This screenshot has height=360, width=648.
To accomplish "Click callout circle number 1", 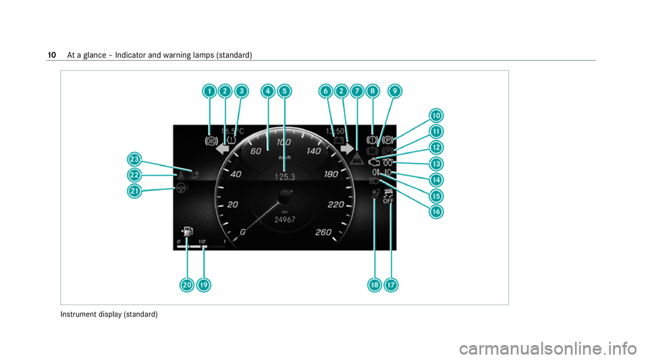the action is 209,91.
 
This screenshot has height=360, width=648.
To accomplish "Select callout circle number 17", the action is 391,286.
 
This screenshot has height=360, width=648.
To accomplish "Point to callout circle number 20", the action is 187,286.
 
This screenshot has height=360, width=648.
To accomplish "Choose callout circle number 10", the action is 437,115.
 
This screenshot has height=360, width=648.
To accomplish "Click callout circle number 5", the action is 284,91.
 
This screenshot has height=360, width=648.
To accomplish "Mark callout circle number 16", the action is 437,211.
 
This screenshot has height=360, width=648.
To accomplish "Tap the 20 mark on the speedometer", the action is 233,204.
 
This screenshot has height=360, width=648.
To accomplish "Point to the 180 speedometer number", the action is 331,174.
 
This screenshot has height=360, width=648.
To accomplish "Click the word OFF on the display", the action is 388,201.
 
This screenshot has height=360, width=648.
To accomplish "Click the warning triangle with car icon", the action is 356,160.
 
